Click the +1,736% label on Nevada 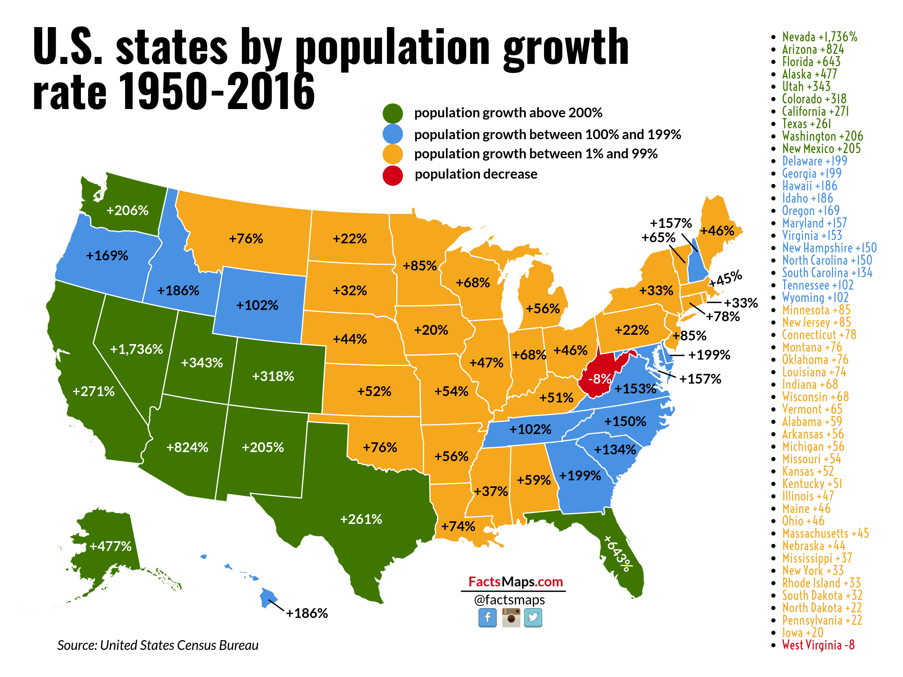[x=136, y=349]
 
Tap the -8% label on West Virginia [x=599, y=379]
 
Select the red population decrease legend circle [x=393, y=176]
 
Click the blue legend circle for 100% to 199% [x=393, y=134]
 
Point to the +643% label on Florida [x=619, y=553]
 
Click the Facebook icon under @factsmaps [x=487, y=618]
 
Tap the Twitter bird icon [x=533, y=618]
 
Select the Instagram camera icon [x=511, y=618]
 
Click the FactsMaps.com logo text [x=515, y=581]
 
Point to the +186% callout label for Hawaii [x=307, y=613]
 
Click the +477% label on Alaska [x=111, y=546]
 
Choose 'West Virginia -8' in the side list [x=818, y=645]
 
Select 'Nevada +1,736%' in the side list [x=819, y=37]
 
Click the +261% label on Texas [x=361, y=519]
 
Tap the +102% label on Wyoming [x=257, y=305]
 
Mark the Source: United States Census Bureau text [x=158, y=645]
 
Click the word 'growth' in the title [x=566, y=48]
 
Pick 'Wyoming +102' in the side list [x=815, y=298]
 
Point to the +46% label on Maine [x=717, y=231]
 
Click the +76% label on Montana [x=246, y=239]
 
